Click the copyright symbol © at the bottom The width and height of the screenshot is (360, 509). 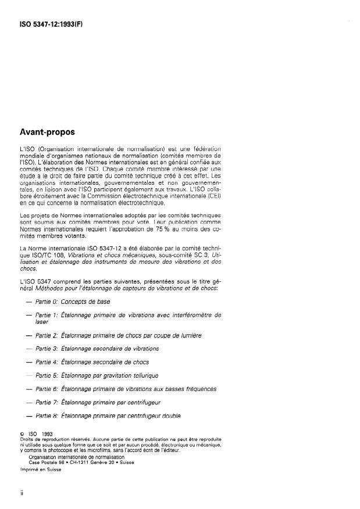22,433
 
